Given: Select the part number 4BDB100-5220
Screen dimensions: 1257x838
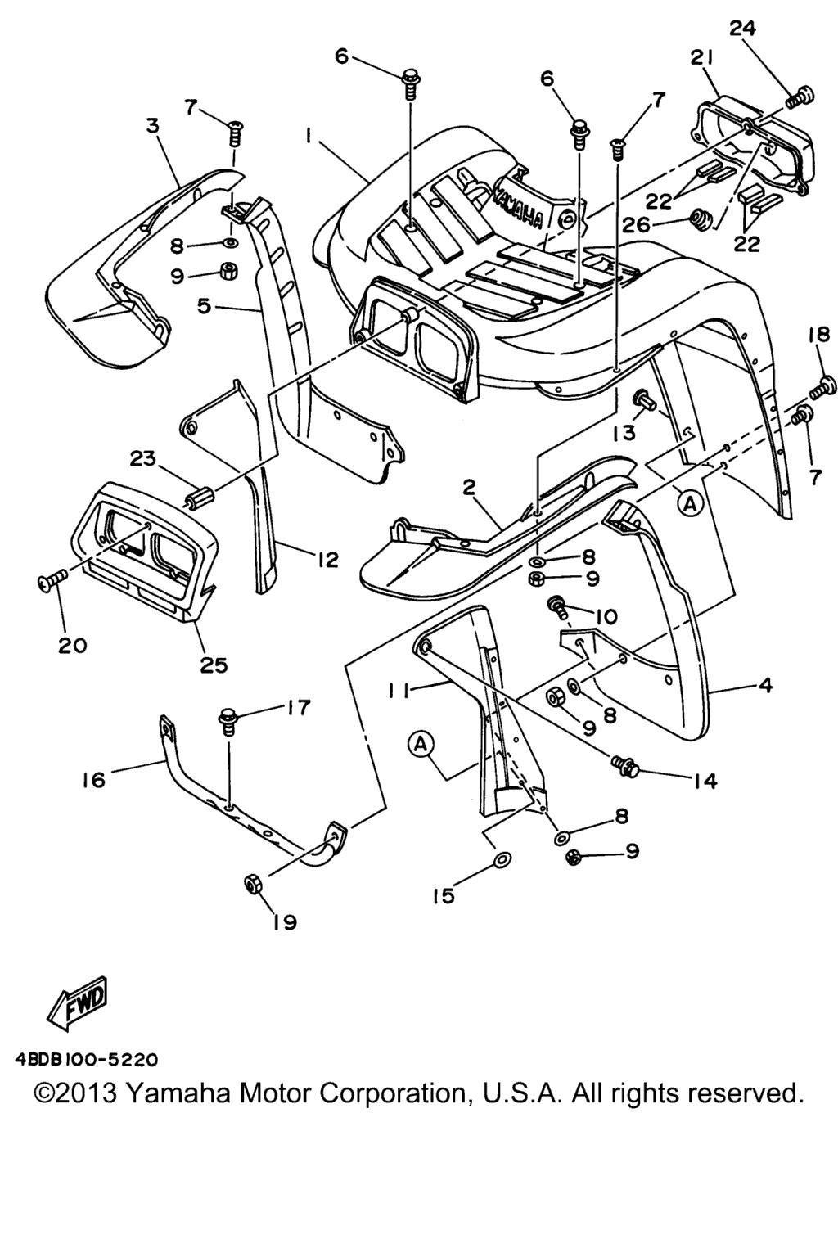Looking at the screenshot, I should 86,1060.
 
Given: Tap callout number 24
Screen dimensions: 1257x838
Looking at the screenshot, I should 742,28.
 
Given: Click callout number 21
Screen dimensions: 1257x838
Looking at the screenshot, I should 701,57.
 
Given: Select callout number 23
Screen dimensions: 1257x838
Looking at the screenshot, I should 143,460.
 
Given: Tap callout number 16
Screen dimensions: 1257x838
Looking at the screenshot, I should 94,779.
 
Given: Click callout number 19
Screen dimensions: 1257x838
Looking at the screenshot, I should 284,922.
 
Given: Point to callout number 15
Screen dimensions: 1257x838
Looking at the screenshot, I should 443,896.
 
